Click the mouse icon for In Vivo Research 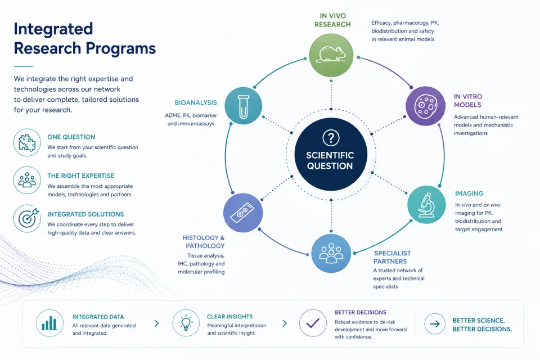(x=331, y=55)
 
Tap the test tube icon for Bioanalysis (x=243, y=106)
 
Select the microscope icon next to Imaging (x=426, y=205)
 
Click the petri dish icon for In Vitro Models (x=426, y=106)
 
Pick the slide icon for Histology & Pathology (x=243, y=213)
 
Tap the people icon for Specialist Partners (x=331, y=253)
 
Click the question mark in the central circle (x=331, y=138)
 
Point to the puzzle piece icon (x=27, y=142)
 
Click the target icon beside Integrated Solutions (x=27, y=218)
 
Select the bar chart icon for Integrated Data (x=49, y=323)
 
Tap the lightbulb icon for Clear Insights (x=186, y=323)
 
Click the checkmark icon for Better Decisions (x=313, y=323)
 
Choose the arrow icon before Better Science (x=435, y=324)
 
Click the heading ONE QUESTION (x=71, y=137)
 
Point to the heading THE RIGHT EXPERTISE (x=80, y=175)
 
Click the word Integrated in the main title (x=53, y=29)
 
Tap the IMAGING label (x=469, y=193)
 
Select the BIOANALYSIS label (x=196, y=103)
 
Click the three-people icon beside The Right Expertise (x=27, y=180)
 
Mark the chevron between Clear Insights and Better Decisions (x=285, y=323)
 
